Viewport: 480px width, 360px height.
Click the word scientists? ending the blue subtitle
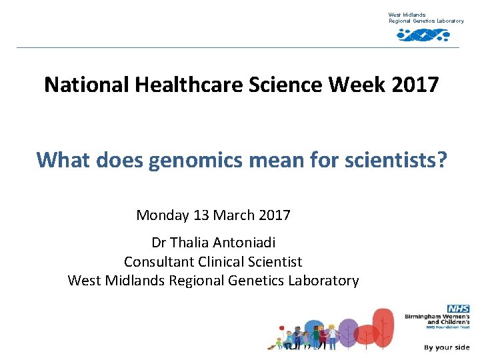tap(401, 160)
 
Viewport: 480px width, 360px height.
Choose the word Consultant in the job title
tap(159, 262)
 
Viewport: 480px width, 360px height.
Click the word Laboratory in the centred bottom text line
tap(323, 281)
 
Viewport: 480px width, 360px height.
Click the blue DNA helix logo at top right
tap(423, 35)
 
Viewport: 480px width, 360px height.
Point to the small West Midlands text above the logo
tap(407, 15)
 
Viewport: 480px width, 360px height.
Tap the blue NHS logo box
tap(458, 309)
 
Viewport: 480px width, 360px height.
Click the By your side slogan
tap(446, 347)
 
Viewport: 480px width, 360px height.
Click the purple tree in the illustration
tap(347, 331)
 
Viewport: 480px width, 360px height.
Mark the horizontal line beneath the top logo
tap(238, 47)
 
